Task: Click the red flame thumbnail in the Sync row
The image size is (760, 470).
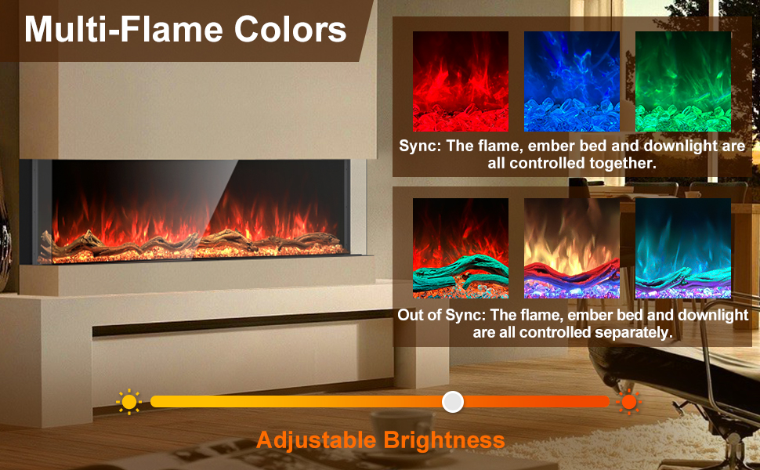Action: [x=461, y=81]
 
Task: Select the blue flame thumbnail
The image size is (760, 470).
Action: [x=571, y=81]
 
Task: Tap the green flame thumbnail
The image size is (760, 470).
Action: [x=682, y=81]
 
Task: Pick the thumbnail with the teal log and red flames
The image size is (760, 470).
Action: [x=461, y=248]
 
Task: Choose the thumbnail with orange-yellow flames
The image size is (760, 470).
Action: [x=571, y=248]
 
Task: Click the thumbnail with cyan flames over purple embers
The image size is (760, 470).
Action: [x=682, y=248]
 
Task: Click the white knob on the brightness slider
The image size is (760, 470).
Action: [x=453, y=402]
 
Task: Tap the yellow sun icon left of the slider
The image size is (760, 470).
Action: [x=128, y=402]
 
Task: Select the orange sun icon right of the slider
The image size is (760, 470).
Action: [x=628, y=402]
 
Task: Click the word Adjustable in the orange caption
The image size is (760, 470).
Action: [x=317, y=440]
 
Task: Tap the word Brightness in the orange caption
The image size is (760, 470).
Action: [x=444, y=440]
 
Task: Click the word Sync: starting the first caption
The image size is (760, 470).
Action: [x=421, y=146]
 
